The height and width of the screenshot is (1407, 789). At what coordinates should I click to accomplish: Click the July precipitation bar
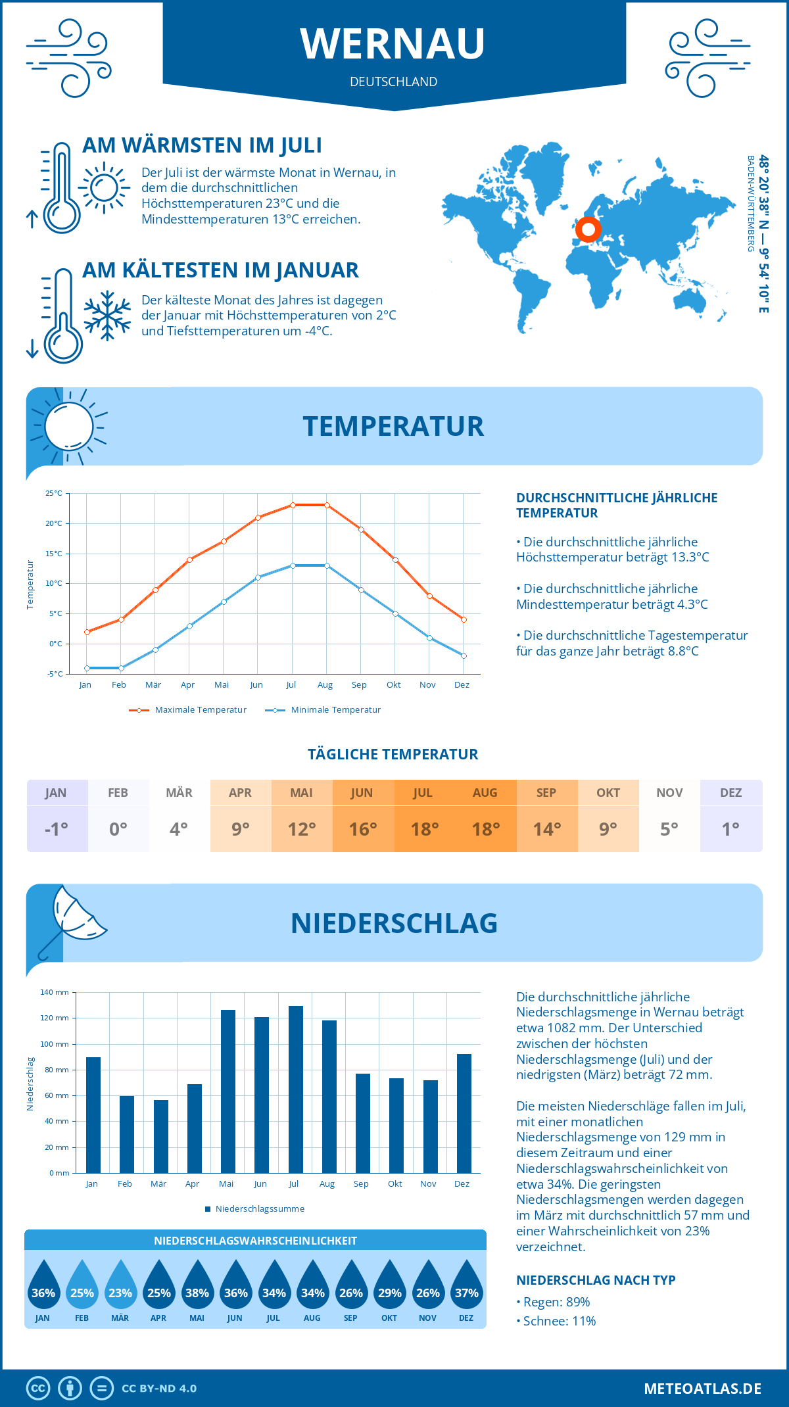pyautogui.click(x=296, y=1089)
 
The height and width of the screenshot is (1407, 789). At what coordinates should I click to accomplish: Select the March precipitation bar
pyautogui.click(x=160, y=1136)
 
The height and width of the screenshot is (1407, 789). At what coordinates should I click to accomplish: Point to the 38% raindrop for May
pyautogui.click(x=197, y=1288)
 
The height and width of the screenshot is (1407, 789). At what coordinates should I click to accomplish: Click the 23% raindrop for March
pyautogui.click(x=120, y=1288)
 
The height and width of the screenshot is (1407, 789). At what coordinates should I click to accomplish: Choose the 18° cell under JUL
pyautogui.click(x=424, y=829)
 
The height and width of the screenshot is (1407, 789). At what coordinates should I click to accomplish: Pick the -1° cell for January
pyautogui.click(x=57, y=829)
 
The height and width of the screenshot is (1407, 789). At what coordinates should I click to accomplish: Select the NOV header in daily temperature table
pyautogui.click(x=669, y=793)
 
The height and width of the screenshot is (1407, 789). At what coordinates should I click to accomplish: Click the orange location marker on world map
pyautogui.click(x=588, y=229)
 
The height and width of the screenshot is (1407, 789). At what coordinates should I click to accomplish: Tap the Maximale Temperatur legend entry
pyautogui.click(x=188, y=710)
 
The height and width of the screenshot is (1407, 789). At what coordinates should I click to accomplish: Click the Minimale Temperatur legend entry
pyautogui.click(x=323, y=710)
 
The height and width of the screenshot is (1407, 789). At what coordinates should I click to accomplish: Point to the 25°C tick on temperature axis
pyautogui.click(x=54, y=493)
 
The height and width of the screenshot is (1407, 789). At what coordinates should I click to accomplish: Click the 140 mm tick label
pyautogui.click(x=55, y=992)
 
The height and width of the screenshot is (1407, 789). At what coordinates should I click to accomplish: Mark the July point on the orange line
pyautogui.click(x=293, y=505)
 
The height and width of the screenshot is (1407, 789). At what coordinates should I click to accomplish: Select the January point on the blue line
pyautogui.click(x=87, y=668)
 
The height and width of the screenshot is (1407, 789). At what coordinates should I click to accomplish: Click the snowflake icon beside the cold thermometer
pyautogui.click(x=107, y=316)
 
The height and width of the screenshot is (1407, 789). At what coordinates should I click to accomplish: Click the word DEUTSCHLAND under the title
pyautogui.click(x=393, y=82)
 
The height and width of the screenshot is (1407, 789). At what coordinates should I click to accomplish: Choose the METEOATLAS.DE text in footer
pyautogui.click(x=702, y=1389)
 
